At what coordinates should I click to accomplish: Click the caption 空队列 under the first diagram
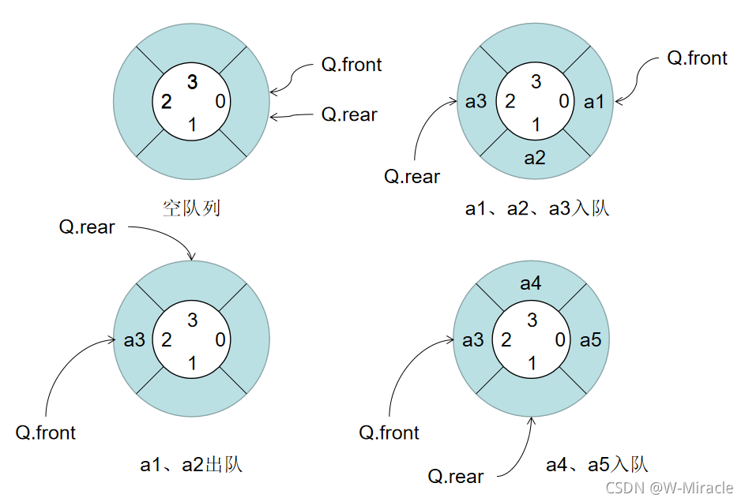tap(192, 208)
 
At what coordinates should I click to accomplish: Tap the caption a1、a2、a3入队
tap(537, 209)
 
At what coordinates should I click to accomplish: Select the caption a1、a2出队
tap(191, 464)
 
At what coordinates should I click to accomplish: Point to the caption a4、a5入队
tap(597, 464)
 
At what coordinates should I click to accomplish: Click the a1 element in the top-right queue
tap(593, 102)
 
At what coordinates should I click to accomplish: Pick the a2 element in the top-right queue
tap(535, 158)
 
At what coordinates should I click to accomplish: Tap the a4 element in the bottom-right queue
tap(531, 283)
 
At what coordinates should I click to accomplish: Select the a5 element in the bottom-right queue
tap(590, 340)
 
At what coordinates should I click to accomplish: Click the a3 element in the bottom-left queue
tap(134, 340)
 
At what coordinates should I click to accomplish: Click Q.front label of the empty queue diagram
tap(352, 65)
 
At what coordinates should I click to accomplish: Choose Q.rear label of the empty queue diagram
tap(349, 114)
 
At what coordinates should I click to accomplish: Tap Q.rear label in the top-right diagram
tap(412, 177)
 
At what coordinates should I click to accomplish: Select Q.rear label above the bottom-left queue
tap(87, 227)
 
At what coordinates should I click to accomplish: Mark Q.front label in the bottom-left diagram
tap(46, 433)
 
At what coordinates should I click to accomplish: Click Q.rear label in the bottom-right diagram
tap(456, 477)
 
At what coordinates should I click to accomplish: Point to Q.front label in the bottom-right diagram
tap(389, 433)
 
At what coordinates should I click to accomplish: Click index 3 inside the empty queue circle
tap(192, 81)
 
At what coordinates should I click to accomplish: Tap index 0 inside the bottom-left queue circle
tap(220, 340)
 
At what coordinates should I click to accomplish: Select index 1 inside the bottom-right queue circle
tap(532, 363)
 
